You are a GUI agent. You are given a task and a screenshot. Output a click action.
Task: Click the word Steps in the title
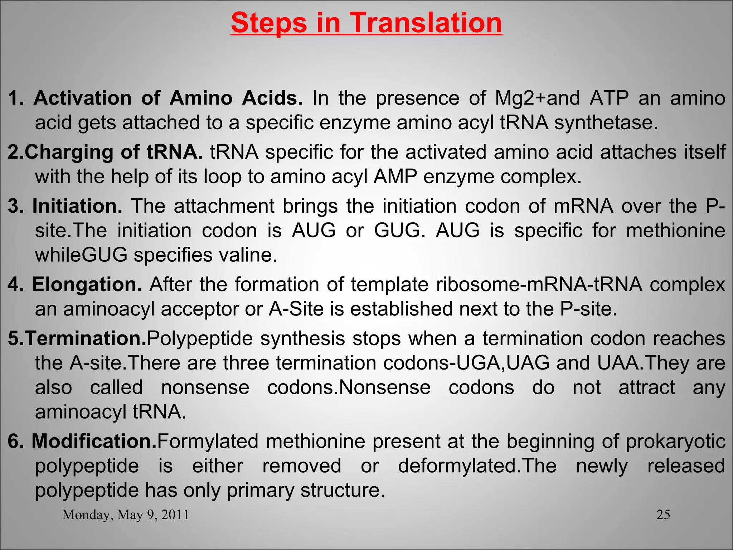(269, 23)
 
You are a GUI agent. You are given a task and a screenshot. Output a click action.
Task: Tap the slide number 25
(663, 515)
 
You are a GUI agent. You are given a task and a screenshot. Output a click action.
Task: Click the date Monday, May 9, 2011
(126, 515)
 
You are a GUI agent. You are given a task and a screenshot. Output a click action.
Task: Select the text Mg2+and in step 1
(537, 98)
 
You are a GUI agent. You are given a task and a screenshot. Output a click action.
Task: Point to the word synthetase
(606, 122)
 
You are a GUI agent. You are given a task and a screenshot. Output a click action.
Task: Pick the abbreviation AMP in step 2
(394, 177)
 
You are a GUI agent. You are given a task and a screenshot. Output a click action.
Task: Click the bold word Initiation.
(77, 206)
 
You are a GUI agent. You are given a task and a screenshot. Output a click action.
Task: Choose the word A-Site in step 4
(296, 309)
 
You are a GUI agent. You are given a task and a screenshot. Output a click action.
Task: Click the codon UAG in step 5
(528, 363)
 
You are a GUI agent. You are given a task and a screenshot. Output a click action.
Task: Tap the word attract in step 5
(647, 387)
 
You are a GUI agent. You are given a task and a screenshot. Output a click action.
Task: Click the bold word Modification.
(94, 441)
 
